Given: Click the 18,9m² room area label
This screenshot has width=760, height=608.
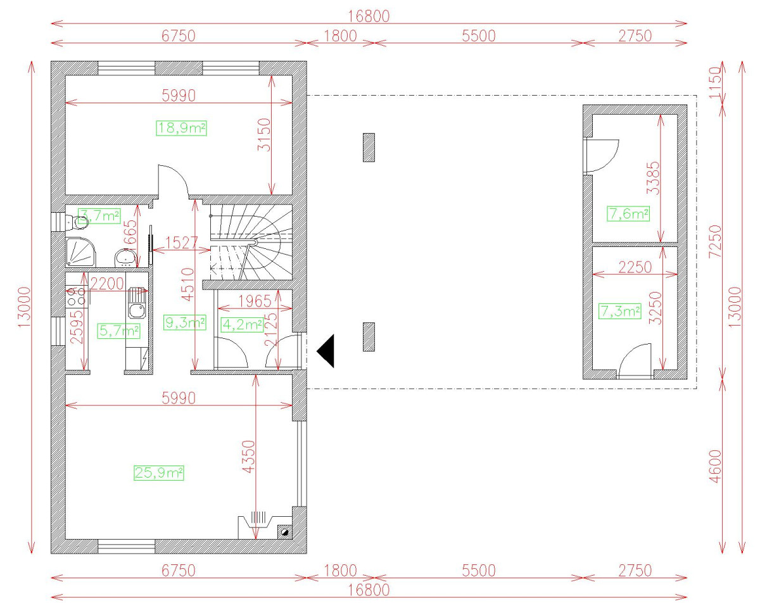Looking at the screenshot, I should point(182,128).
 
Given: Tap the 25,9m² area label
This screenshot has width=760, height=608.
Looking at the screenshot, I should point(158,472).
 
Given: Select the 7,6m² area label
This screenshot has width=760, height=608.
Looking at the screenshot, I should point(628,214).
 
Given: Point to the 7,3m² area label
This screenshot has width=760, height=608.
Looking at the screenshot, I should point(620,311).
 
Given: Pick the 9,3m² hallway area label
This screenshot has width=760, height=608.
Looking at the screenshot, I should point(184,323).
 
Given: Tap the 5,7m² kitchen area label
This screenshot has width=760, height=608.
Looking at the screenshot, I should point(119,330).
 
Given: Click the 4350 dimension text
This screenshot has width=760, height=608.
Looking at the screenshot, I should point(246,459).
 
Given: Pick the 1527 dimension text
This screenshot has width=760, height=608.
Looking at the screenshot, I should point(182,243).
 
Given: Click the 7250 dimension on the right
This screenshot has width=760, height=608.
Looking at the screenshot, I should point(715,241).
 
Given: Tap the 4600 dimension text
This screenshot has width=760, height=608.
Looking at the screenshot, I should point(715,466).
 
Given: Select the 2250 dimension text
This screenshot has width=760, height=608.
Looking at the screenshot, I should point(635,267).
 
